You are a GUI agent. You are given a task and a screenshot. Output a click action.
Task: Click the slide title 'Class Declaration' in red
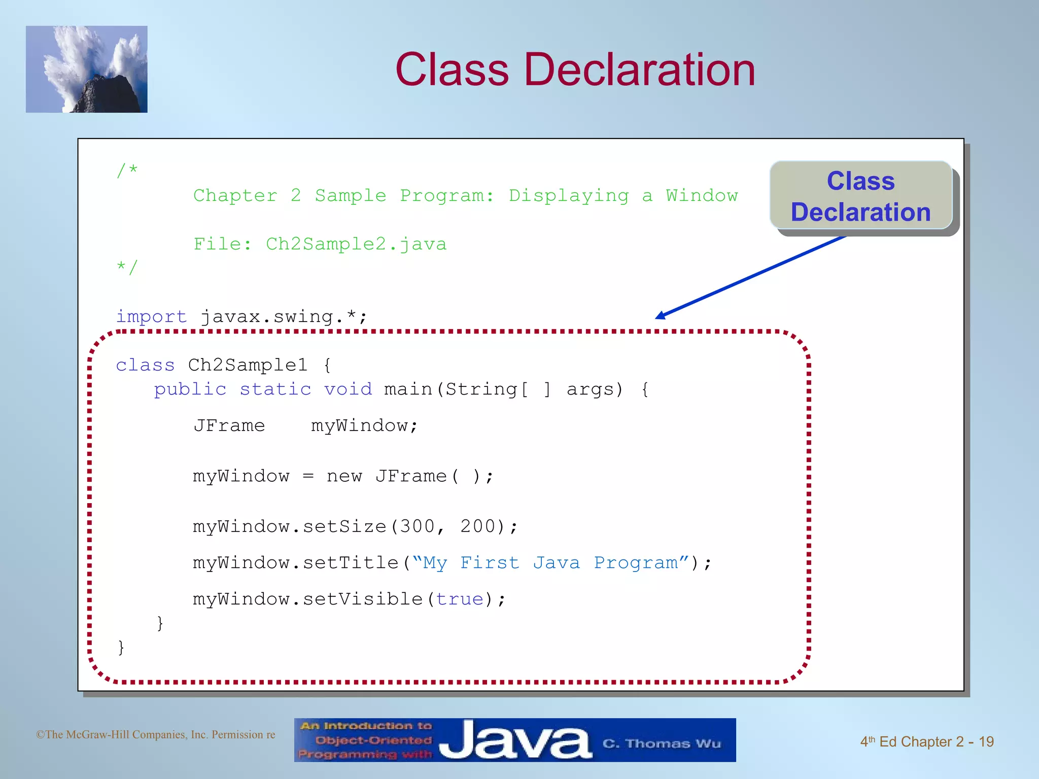[x=575, y=69]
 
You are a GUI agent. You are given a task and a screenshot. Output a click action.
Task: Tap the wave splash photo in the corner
[x=86, y=69]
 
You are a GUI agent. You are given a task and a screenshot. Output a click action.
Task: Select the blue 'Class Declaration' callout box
[x=860, y=196]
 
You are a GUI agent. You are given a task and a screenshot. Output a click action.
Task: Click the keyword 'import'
[x=151, y=317]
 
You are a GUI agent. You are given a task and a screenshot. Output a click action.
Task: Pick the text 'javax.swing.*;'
[x=284, y=317]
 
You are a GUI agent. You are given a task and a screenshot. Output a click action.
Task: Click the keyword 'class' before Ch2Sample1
[x=145, y=365]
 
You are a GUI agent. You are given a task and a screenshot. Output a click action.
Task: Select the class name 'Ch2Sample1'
[x=248, y=365]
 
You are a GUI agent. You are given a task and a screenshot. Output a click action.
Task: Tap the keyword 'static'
[x=275, y=389]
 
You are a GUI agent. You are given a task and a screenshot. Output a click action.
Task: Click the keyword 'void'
[x=348, y=389]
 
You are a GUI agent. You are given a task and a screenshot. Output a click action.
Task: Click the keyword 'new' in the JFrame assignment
[x=344, y=476]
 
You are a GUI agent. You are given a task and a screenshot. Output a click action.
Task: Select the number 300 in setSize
[x=417, y=526]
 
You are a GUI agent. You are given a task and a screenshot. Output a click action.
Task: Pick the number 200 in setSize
[x=477, y=526]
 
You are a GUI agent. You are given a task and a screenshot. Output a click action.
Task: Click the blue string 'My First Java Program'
[x=550, y=563]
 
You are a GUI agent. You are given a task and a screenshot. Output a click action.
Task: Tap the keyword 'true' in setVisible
[x=460, y=599]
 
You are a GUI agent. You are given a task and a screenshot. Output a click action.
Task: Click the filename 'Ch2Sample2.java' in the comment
[x=356, y=244]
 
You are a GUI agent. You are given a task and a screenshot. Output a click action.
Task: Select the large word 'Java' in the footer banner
[x=515, y=740]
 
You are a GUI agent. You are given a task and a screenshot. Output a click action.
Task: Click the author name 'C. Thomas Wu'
[x=661, y=744]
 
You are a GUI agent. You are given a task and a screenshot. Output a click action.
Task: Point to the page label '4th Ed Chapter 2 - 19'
[x=926, y=742]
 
